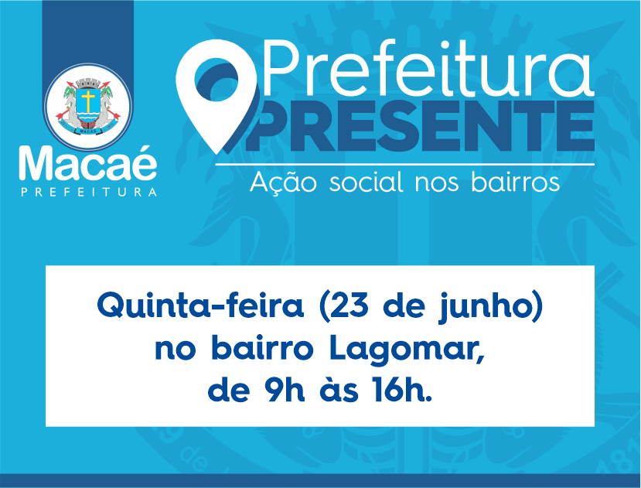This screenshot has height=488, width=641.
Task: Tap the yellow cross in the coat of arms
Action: pos(88,101)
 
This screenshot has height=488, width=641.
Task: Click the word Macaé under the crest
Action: pos(88,163)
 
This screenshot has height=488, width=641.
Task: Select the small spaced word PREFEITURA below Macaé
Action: pos(89,193)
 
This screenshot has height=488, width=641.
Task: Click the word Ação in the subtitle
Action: pos(283,183)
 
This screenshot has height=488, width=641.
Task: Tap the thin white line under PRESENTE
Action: pos(404,165)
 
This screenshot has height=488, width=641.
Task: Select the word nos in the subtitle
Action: pos(437,185)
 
